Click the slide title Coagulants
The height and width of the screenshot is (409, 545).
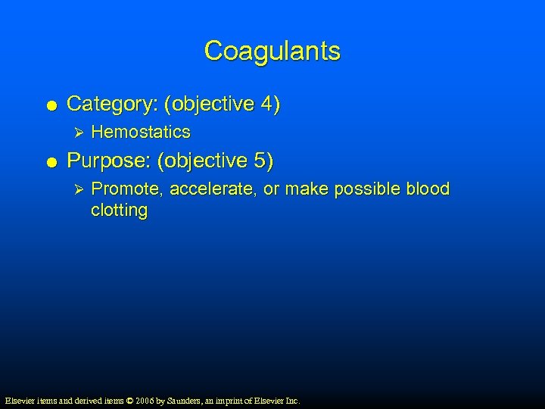coord(272,52)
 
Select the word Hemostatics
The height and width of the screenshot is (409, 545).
coord(140,133)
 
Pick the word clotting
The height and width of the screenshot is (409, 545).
coord(119,211)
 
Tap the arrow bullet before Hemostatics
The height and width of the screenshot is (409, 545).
coord(73,133)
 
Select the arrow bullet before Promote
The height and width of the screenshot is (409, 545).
coord(73,189)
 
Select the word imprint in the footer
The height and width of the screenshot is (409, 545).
coord(236,400)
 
